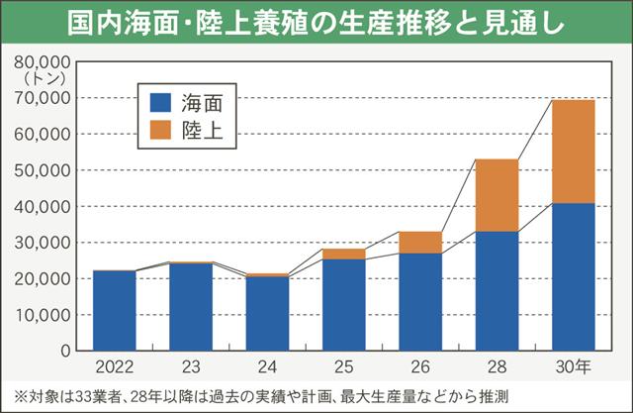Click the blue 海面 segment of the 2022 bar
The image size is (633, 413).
coord(114,310)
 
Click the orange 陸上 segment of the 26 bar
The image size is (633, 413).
coord(419,243)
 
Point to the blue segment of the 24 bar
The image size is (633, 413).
coord(267,313)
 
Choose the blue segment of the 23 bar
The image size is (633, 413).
coord(190,306)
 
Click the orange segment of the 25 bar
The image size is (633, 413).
coord(343,254)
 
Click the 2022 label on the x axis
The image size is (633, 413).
coord(114,366)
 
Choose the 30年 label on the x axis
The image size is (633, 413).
coord(572,366)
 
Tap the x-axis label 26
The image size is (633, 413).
coord(419,366)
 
